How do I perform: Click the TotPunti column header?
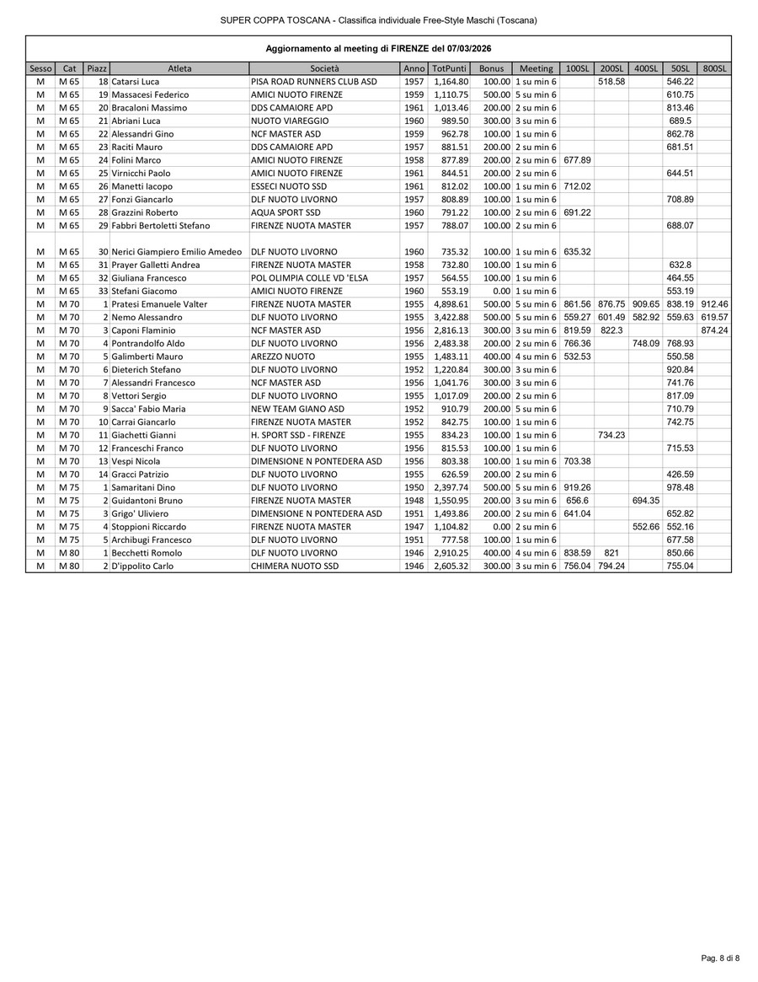[x=450, y=68]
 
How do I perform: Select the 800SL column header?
[x=714, y=68]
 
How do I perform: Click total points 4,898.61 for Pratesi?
[x=451, y=304]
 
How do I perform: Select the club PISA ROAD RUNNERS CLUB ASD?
[x=314, y=82]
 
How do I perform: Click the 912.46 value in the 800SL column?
[x=714, y=304]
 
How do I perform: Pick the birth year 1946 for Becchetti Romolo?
[x=414, y=553]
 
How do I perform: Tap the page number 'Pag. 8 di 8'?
[x=720, y=958]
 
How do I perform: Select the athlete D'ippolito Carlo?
[x=142, y=566]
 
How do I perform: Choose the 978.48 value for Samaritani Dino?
[x=680, y=488]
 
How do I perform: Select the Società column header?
[x=324, y=68]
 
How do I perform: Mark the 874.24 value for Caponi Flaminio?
[x=714, y=330]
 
